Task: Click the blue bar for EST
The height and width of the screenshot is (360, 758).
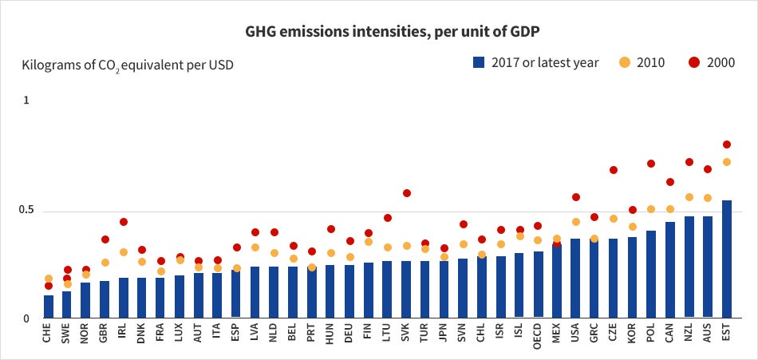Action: point(726,259)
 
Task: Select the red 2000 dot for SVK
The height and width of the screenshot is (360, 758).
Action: point(407,193)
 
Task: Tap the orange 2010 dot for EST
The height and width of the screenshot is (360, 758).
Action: point(726,162)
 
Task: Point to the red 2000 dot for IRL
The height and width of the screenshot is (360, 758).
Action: point(123,222)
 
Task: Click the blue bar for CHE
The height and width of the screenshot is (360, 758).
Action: point(49,307)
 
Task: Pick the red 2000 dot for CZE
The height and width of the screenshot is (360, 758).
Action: point(614,170)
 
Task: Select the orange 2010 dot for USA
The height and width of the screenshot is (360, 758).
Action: point(576,222)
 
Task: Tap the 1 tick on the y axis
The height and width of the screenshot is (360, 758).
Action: point(26,101)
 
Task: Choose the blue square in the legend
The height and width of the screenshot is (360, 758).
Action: point(479,62)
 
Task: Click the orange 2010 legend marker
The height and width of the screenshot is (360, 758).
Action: point(625,62)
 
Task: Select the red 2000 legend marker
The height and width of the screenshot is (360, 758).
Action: point(694,62)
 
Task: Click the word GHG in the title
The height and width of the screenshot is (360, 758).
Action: point(260,31)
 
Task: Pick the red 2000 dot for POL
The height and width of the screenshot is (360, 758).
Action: point(650,164)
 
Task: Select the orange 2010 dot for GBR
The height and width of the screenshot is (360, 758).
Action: point(105,263)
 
